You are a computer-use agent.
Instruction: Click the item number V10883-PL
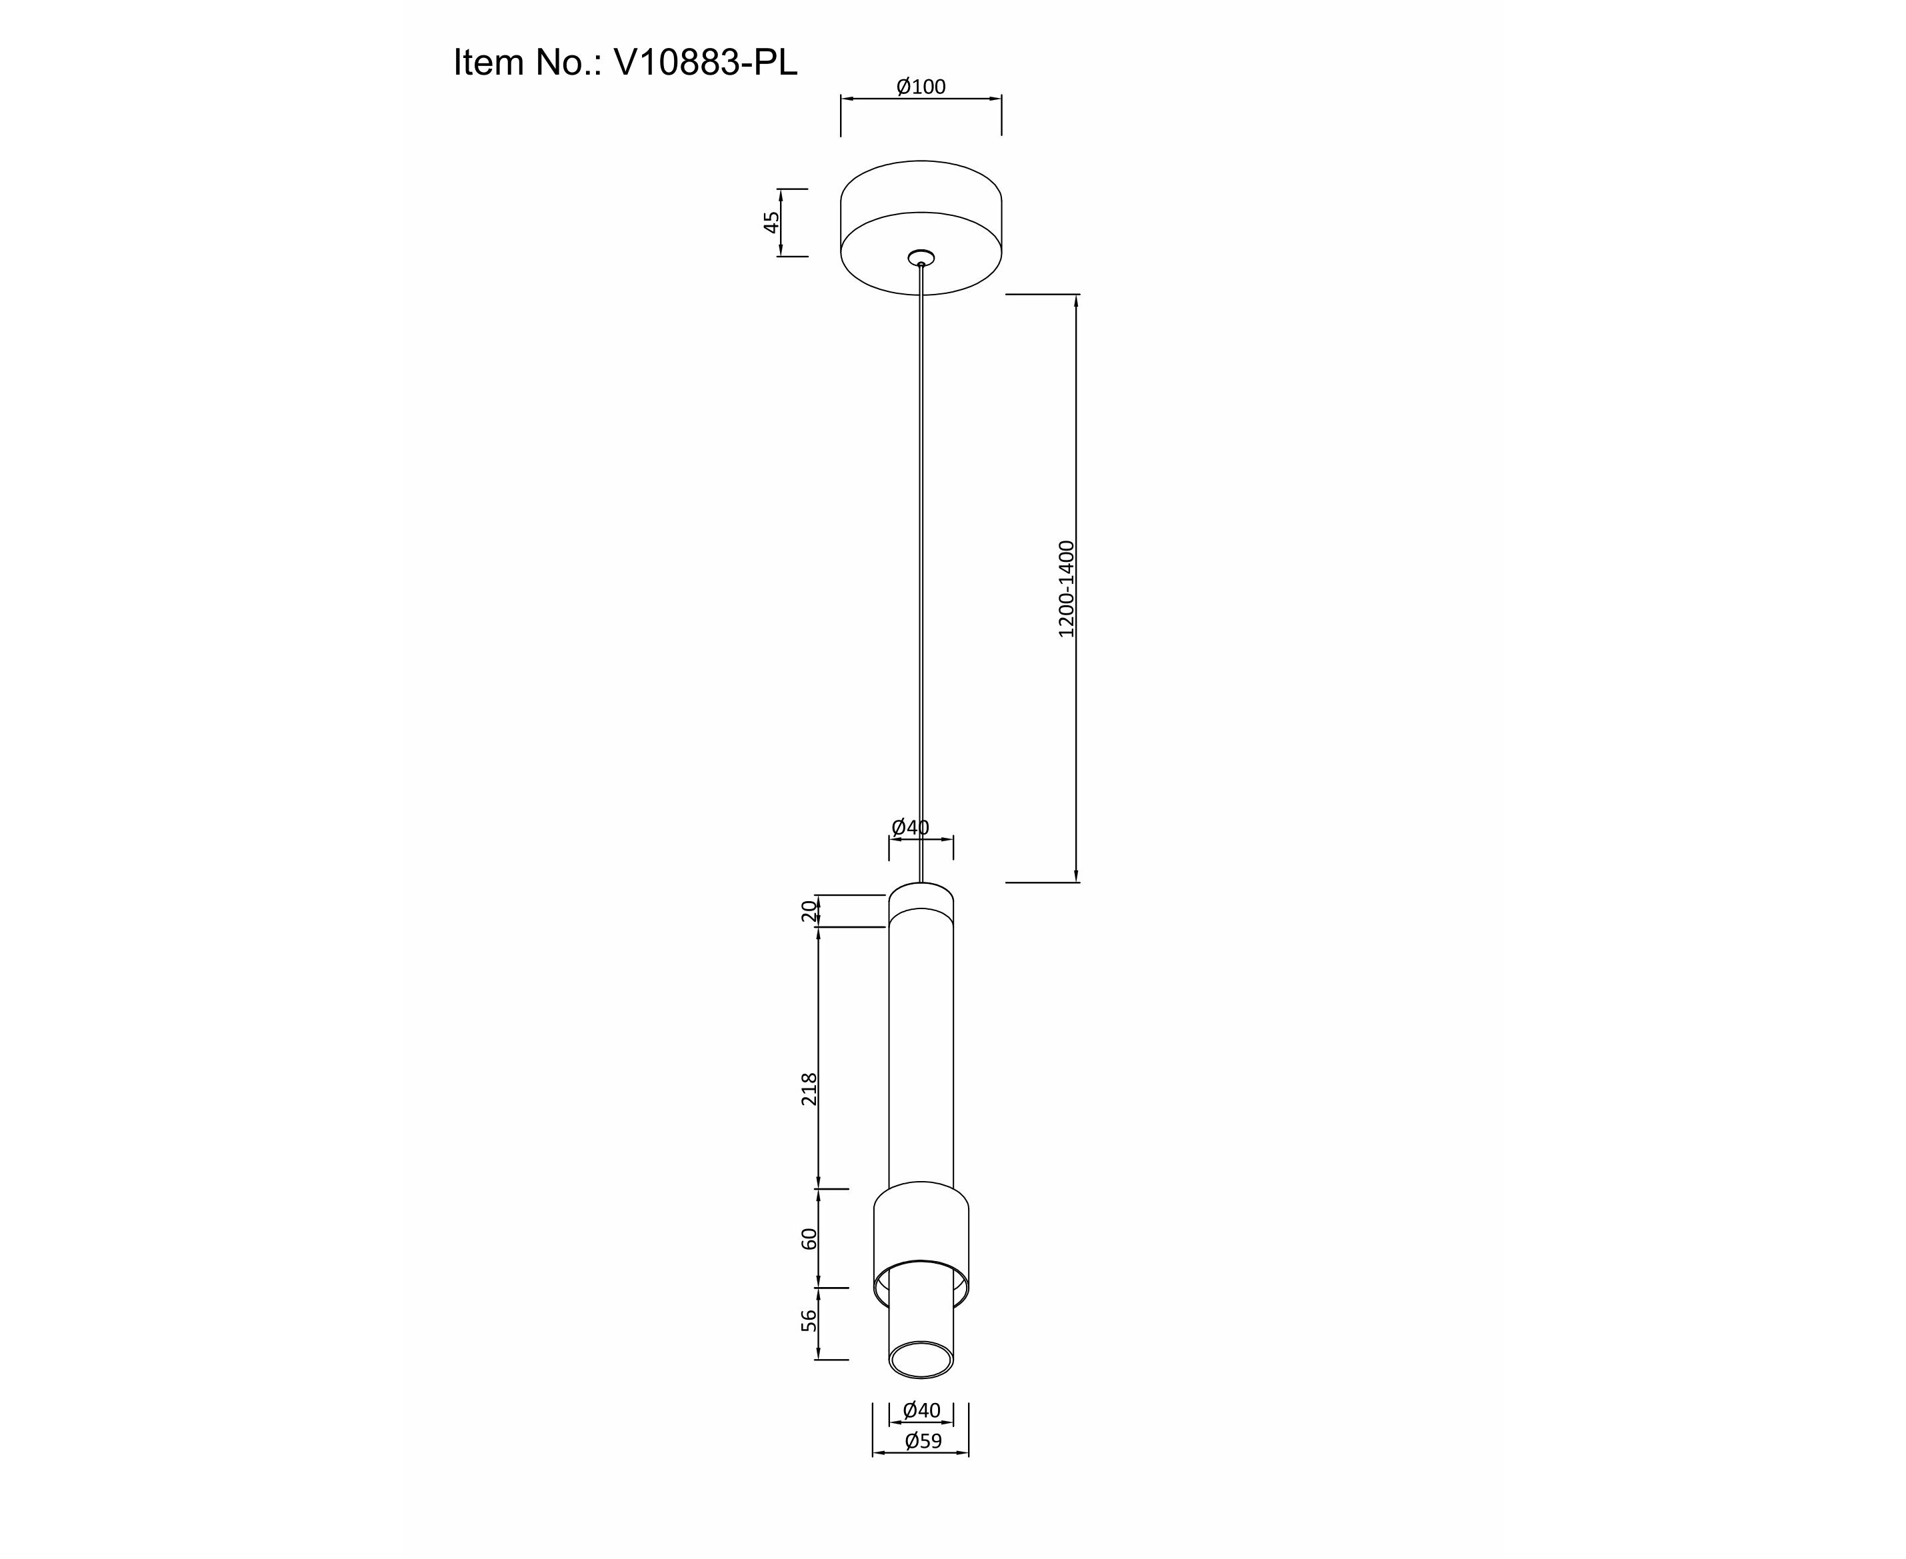705,63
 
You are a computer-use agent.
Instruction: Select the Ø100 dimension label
921,87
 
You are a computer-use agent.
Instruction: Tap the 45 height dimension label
771,222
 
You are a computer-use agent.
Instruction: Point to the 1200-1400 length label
1066,589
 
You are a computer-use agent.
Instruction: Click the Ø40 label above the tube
910,827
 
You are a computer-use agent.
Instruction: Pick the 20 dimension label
809,910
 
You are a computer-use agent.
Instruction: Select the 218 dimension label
809,1088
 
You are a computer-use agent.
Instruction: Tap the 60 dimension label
809,1238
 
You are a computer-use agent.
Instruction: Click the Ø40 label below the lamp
921,1411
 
